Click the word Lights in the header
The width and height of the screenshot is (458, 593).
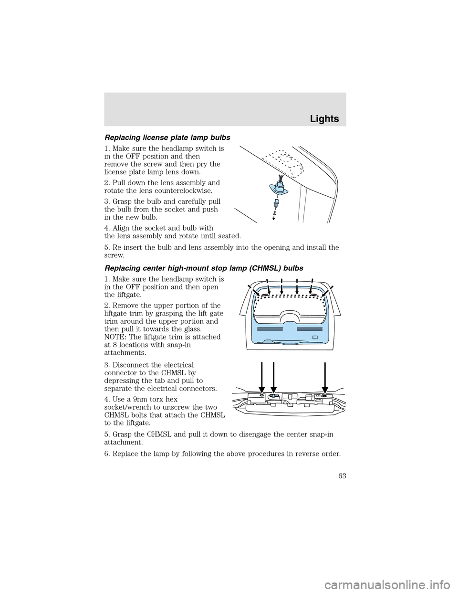pyautogui.click(x=324, y=119)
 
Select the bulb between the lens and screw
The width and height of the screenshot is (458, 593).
pyautogui.click(x=276, y=199)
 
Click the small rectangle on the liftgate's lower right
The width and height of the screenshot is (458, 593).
pyautogui.click(x=315, y=337)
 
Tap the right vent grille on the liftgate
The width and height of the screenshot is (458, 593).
pyautogui.click(x=309, y=329)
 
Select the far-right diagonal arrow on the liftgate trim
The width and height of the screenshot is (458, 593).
pyautogui.click(x=331, y=286)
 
